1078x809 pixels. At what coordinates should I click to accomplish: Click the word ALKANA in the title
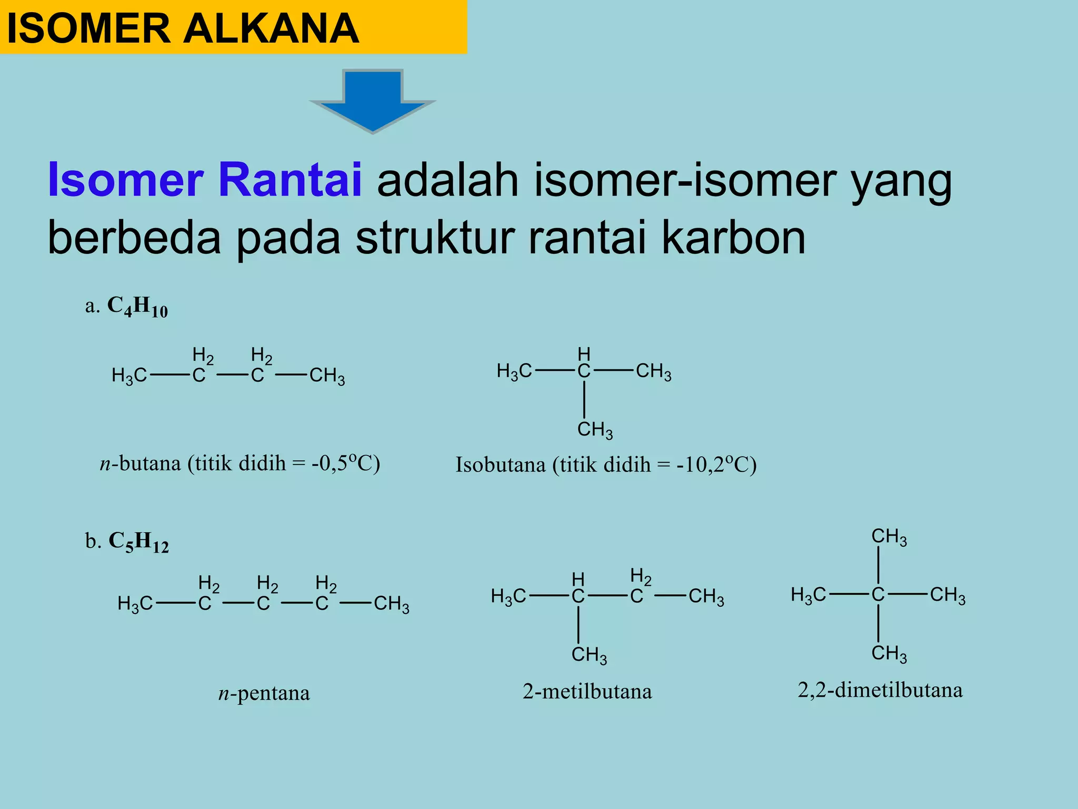point(271,28)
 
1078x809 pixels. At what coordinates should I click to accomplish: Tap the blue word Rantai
point(290,180)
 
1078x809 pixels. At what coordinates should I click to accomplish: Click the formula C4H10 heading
point(137,307)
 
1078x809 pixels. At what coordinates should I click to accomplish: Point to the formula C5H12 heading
point(138,542)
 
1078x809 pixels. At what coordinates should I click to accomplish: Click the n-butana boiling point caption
point(240,463)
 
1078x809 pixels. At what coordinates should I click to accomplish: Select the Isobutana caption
point(606,465)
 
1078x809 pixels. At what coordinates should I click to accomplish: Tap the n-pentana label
point(264,693)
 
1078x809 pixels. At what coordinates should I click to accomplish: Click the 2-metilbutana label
point(587,691)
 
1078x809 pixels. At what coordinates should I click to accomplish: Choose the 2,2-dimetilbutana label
point(880,690)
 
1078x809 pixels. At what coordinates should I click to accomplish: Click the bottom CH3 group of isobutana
point(595,430)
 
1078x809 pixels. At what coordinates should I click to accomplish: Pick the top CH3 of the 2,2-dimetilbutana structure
point(889,537)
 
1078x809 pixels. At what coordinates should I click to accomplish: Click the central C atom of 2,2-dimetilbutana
point(877,595)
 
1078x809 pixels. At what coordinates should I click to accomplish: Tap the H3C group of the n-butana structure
point(129,376)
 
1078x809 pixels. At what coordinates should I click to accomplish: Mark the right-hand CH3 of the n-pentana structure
point(391,604)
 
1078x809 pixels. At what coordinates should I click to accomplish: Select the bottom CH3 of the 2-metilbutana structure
point(589,655)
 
